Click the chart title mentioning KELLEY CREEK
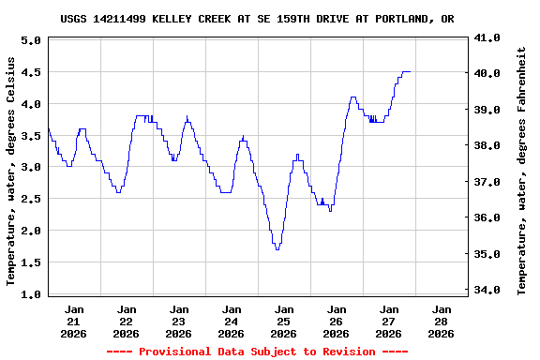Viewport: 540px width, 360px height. (x=270, y=19)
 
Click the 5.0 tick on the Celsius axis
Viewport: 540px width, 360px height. (x=30, y=40)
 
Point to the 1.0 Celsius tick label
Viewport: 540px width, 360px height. (x=30, y=294)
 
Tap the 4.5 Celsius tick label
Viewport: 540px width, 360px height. (x=30, y=72)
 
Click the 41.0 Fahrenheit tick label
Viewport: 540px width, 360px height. (x=487, y=37)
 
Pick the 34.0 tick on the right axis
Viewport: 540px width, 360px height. (x=487, y=291)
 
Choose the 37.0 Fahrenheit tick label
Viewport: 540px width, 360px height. (x=487, y=182)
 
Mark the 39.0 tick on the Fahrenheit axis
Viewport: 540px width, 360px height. (x=487, y=110)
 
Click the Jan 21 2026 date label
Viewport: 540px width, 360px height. (x=74, y=321)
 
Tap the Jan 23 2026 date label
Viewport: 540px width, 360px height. (x=178, y=321)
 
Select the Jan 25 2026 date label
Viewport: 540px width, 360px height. (x=283, y=321)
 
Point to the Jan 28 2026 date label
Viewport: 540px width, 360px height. (x=441, y=321)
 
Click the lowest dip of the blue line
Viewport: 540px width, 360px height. (x=277, y=249)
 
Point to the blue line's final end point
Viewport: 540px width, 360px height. (x=410, y=71)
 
